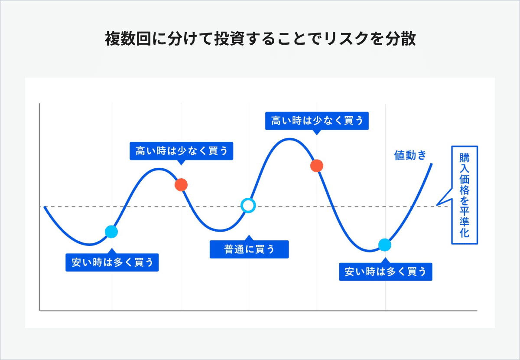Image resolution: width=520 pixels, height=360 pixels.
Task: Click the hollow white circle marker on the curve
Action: pos(248,205)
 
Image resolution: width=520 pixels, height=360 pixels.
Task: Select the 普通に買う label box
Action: pos(249,249)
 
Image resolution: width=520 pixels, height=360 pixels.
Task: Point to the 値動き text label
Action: pos(410,155)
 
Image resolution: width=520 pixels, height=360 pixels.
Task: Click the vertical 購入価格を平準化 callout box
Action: pos(465,195)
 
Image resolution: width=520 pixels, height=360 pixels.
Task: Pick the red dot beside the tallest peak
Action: pos(317,166)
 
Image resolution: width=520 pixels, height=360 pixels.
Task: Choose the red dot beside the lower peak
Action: pos(181,185)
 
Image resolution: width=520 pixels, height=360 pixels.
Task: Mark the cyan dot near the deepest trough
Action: pos(384,245)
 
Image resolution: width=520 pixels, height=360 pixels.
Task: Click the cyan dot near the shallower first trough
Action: pos(111,232)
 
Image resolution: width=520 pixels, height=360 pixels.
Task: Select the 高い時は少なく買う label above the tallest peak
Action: pos(317,121)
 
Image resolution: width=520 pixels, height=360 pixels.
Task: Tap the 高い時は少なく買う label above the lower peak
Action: pos(181,151)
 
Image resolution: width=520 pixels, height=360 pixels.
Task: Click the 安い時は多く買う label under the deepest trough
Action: pos(385,272)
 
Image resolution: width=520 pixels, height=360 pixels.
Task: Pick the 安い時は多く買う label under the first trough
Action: pos(112,262)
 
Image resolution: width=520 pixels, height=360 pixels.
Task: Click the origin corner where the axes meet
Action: pos(40,311)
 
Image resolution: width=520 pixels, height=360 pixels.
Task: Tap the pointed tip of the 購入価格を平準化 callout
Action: pos(437,205)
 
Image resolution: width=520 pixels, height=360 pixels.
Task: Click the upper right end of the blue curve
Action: pos(432,163)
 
